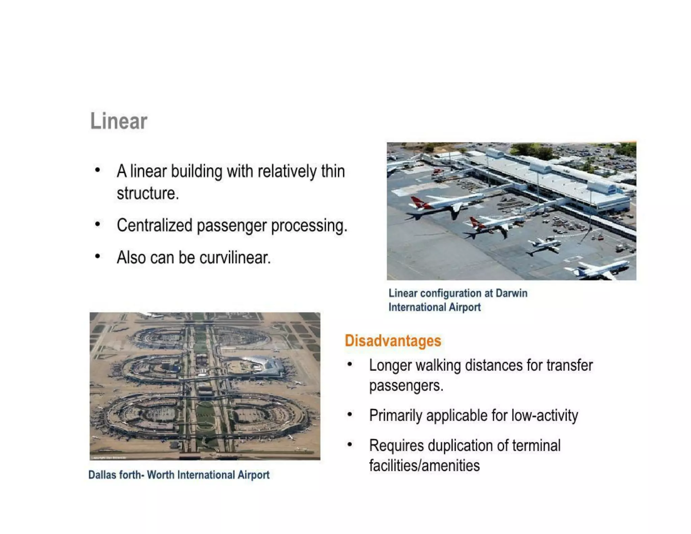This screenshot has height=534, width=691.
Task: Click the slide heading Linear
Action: pos(118,121)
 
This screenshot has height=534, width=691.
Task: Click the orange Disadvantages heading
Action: pos(393,341)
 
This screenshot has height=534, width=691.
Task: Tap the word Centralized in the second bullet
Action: pos(154,225)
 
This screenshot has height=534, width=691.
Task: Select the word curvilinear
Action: pos(235,258)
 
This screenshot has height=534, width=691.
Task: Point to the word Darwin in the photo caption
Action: pos(511,293)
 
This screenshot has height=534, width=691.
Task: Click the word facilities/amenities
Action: pos(424,465)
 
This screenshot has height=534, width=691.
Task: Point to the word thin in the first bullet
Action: pos(333,171)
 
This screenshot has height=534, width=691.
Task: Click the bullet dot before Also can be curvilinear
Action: pos(98,257)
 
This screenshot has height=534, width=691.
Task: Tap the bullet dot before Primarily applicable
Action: pos(350,414)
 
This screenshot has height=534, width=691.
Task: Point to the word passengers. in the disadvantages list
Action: pos(406,385)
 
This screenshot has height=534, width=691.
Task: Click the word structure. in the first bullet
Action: pos(147,193)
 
